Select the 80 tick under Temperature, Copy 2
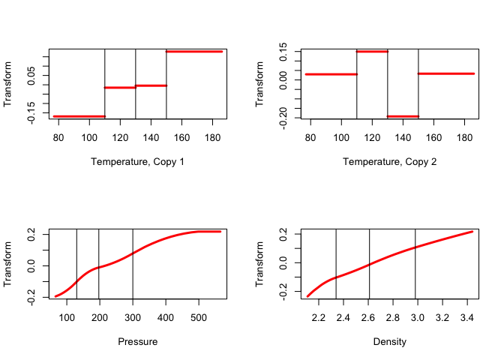click(x=310, y=137)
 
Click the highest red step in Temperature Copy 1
click(x=194, y=51)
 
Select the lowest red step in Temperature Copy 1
click(x=79, y=116)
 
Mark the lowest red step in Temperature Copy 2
click(x=403, y=116)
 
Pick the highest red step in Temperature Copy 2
click(x=372, y=51)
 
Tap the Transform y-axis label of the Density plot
click(x=261, y=264)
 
